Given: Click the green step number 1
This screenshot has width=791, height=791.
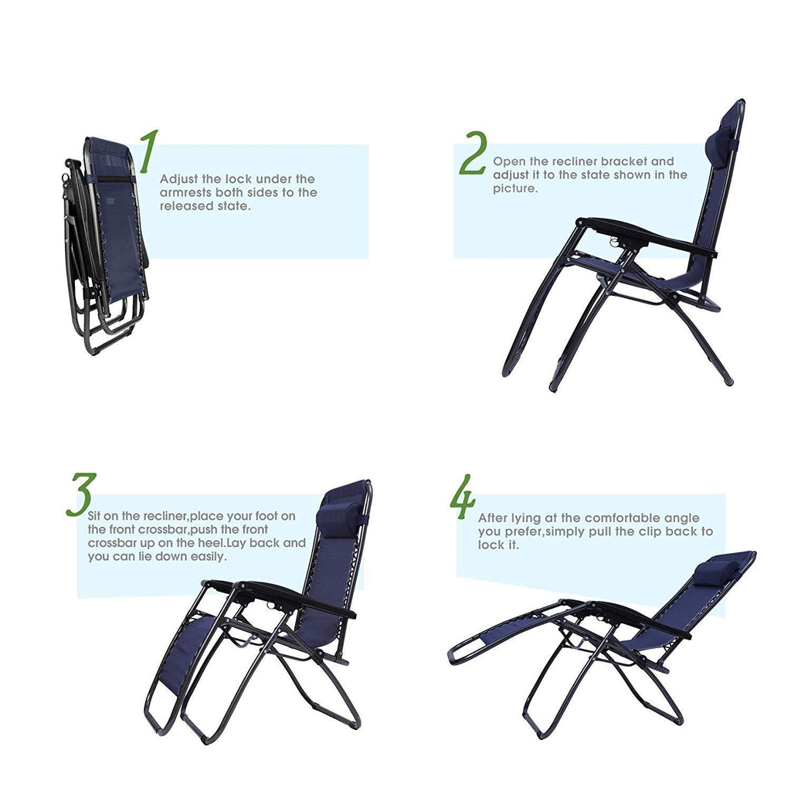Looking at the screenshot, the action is [149, 151].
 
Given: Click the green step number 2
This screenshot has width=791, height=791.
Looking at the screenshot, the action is [474, 153].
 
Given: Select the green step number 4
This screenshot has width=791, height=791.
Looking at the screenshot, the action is [463, 497].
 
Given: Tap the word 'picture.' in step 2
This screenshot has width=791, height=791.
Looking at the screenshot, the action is [515, 188].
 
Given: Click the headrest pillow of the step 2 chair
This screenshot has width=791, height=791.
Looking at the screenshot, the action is [721, 142].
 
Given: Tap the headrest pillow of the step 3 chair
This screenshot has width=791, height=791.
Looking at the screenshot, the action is [339, 520].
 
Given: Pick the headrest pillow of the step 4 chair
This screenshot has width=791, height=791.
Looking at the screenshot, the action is [716, 573].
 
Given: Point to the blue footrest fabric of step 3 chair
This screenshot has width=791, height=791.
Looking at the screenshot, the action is [185, 654].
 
